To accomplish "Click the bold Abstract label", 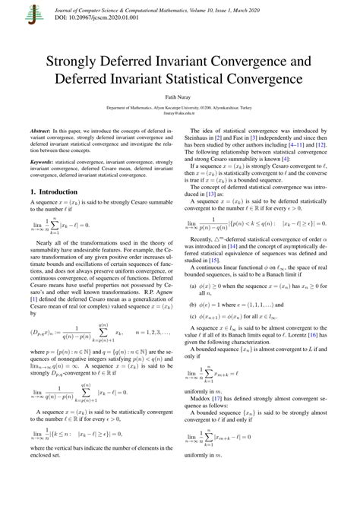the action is pos(41,131).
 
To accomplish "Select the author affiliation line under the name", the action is pos(179,109).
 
